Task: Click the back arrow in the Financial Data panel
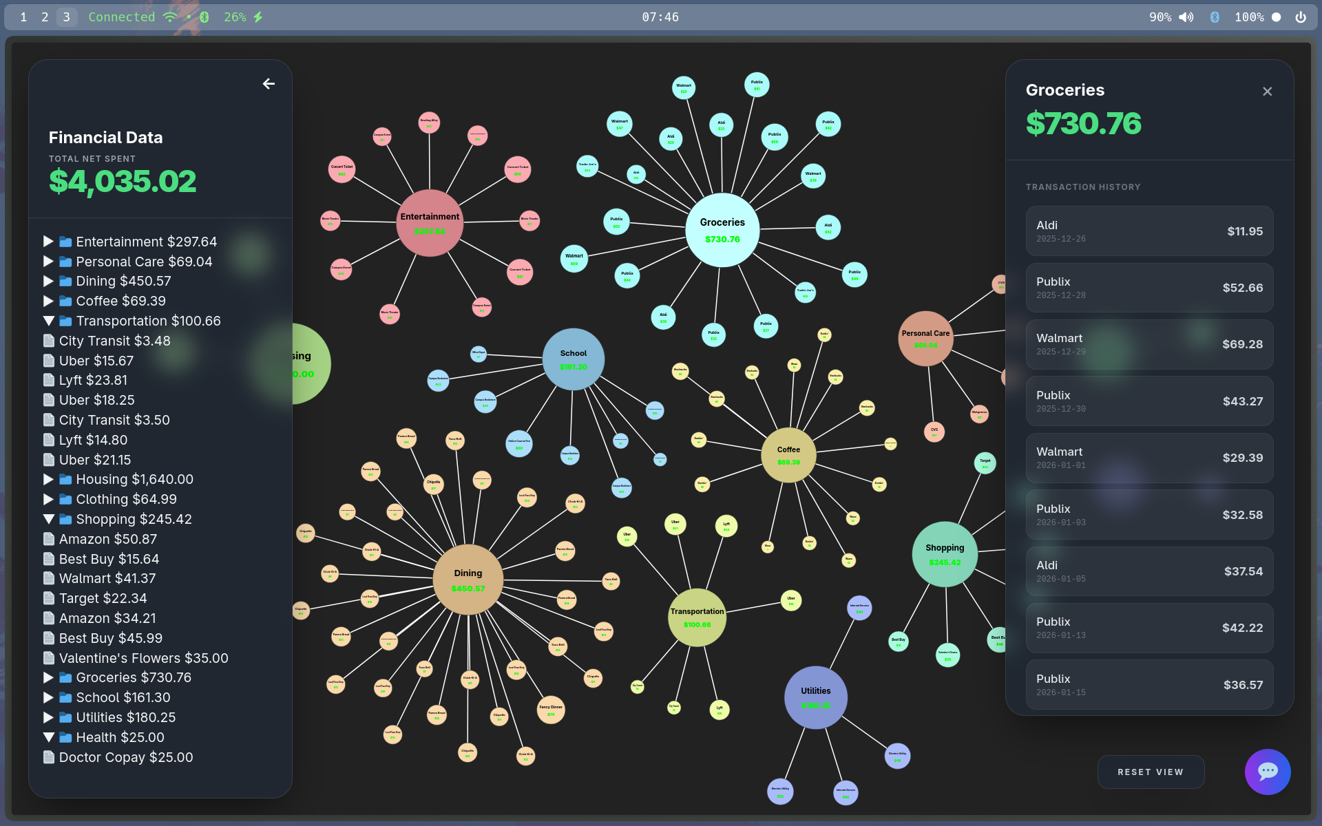coord(269,84)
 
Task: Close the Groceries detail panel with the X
coord(1267,92)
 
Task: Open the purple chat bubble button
coord(1267,772)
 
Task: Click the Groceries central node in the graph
coord(722,230)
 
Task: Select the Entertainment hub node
coord(430,223)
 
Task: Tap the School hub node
coord(573,359)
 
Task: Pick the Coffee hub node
coord(788,455)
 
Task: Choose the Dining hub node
coord(468,580)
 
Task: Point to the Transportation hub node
coord(697,617)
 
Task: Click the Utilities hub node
coord(815,697)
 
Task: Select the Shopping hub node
coord(945,554)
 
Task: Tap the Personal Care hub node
coord(925,339)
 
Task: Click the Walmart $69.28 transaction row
coord(1149,344)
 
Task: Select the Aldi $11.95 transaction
coord(1149,231)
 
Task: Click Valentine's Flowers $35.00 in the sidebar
coord(143,658)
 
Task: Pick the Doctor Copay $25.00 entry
coord(125,757)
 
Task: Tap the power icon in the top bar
coord(1301,17)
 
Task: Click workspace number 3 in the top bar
coord(66,17)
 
